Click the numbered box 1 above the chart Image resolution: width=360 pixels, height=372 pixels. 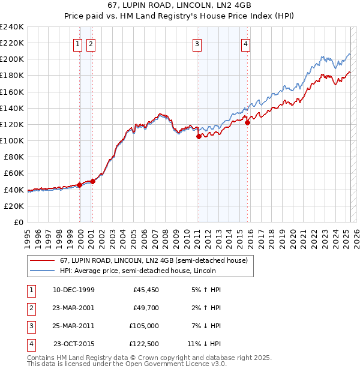(78, 43)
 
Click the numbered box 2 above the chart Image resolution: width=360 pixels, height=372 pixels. (91, 43)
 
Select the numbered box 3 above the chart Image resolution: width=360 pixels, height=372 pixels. (197, 43)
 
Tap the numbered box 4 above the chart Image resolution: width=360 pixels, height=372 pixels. (246, 43)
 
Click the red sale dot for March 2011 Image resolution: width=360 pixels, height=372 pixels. (199, 137)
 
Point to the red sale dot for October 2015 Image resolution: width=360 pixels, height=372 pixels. (248, 122)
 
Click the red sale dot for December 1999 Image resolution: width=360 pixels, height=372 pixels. (80, 185)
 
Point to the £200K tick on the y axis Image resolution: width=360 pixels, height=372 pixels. (12, 59)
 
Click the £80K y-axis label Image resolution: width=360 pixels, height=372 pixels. (13, 157)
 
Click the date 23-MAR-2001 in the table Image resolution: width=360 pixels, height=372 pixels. (74, 308)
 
